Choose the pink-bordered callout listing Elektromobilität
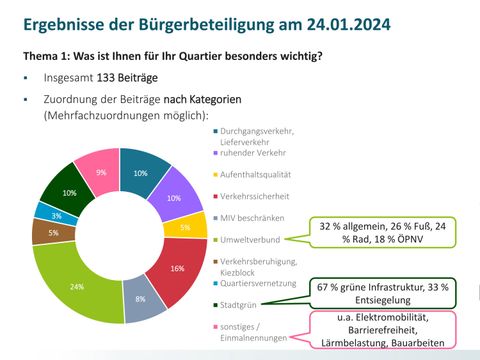(384, 330)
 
